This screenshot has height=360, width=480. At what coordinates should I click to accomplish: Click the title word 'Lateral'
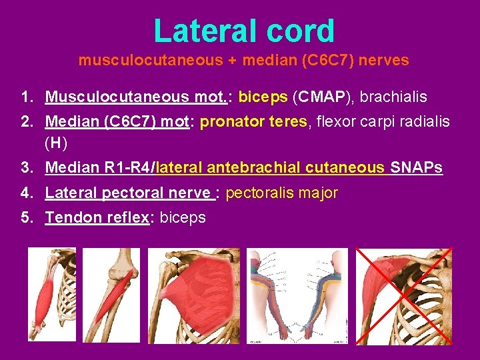[x=199, y=31]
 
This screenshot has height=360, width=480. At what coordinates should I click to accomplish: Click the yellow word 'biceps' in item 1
[x=263, y=97]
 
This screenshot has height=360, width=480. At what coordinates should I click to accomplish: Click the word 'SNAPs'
[x=415, y=167]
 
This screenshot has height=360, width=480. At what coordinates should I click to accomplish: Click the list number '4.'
[x=27, y=193]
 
